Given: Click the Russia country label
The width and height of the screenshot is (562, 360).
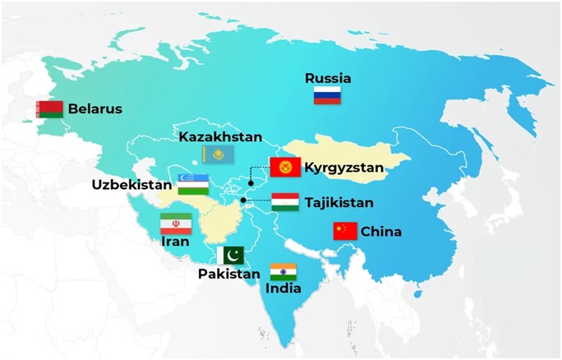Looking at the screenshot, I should (328, 79).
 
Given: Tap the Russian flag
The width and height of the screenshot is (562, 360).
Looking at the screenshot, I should (327, 96).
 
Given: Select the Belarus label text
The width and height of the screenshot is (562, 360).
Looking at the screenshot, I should (95, 108).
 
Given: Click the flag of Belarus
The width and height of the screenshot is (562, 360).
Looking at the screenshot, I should (50, 109).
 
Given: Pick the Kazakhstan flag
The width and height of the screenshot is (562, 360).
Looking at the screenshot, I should (218, 154).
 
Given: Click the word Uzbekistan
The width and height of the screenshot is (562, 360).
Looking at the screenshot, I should (129, 185).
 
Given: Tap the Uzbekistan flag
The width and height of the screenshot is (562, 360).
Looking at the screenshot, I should (191, 183).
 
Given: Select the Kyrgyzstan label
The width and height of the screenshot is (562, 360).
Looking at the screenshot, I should (344, 168).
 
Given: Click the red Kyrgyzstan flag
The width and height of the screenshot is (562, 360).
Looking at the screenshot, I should (284, 168).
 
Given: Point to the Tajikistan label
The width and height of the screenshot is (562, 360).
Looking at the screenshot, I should (339, 202).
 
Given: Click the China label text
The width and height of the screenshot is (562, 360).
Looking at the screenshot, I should (381, 232).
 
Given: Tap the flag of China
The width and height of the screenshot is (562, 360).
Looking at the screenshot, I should (345, 232).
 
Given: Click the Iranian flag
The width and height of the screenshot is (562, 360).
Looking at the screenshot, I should (176, 223).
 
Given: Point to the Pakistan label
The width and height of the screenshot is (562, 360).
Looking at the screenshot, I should (228, 274).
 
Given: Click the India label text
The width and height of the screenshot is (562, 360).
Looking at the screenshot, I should (283, 288).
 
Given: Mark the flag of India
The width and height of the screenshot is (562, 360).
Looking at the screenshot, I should (283, 272).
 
